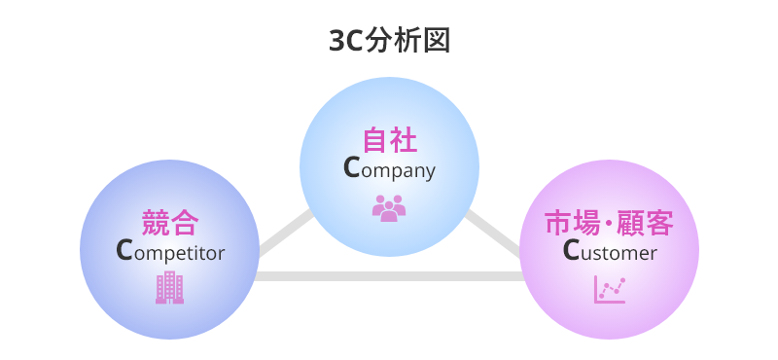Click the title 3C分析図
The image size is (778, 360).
pyautogui.click(x=389, y=41)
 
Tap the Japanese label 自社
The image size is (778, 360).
pyautogui.click(x=389, y=140)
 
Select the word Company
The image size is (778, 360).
pyautogui.click(x=389, y=169)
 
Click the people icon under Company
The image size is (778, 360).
pyautogui.click(x=389, y=207)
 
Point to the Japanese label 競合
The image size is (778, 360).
pyautogui.click(x=170, y=223)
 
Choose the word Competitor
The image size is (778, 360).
pyautogui.click(x=170, y=252)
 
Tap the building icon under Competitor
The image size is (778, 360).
pyautogui.click(x=169, y=287)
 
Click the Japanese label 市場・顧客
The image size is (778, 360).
pyautogui.click(x=609, y=223)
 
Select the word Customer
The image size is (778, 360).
pyautogui.click(x=610, y=252)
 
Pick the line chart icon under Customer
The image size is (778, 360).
pyautogui.click(x=610, y=289)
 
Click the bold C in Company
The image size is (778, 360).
pyautogui.click(x=352, y=168)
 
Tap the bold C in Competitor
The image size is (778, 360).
pyautogui.click(x=124, y=251)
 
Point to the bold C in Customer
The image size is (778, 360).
pyautogui.click(x=572, y=251)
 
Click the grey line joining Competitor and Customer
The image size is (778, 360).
pyautogui.click(x=389, y=276)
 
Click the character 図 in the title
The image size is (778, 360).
pyautogui.click(x=437, y=41)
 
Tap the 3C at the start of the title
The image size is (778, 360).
pyautogui.click(x=346, y=41)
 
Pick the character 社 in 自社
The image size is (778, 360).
pyautogui.click(x=404, y=140)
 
